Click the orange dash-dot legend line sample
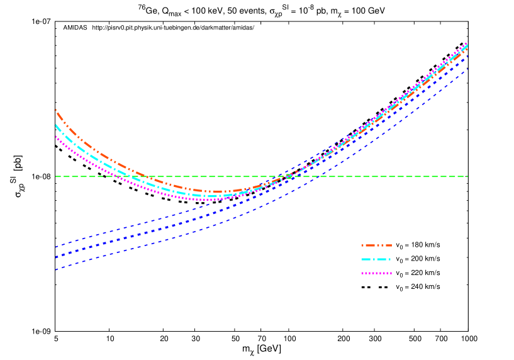point(376,245)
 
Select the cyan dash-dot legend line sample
point(376,259)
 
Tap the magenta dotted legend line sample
point(376,273)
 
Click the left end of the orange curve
point(56,110)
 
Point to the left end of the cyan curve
point(56,125)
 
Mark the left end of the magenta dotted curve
point(56,137)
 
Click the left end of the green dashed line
point(56,176)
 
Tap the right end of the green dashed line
point(467,176)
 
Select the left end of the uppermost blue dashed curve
point(56,247)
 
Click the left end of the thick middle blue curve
point(56,257)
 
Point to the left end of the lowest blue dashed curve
point(56,269)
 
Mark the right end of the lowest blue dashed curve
point(467,69)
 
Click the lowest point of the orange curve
point(216,191)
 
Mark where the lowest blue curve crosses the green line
point(318,176)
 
